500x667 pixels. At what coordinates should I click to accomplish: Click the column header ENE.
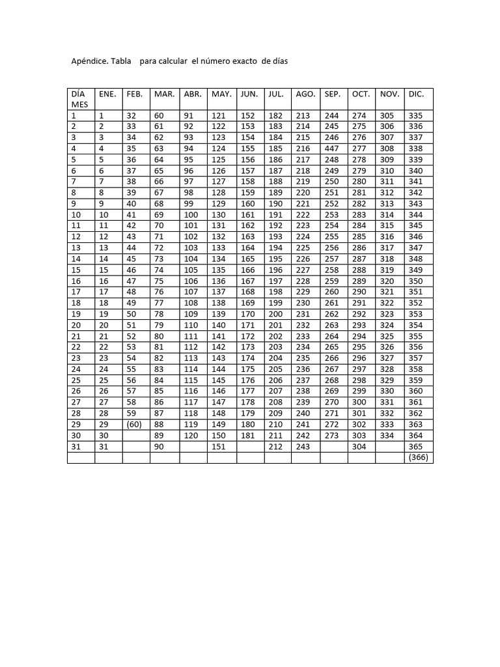pyautogui.click(x=107, y=94)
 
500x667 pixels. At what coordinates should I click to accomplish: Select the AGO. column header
pyautogui.click(x=305, y=94)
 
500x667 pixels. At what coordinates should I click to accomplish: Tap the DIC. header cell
pyautogui.click(x=416, y=94)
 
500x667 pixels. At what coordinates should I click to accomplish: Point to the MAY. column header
pyautogui.click(x=221, y=94)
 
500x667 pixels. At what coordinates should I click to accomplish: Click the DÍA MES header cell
pyautogui.click(x=79, y=99)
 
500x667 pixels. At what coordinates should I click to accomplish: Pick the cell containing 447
pyautogui.click(x=332, y=149)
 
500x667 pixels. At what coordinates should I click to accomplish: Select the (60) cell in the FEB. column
pyautogui.click(x=135, y=424)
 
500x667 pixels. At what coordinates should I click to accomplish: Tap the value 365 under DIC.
pyautogui.click(x=416, y=447)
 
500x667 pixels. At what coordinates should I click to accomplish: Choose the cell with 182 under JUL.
pyautogui.click(x=276, y=115)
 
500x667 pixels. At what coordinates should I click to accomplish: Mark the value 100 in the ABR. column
pyautogui.click(x=191, y=215)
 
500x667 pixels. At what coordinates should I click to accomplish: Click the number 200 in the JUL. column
pyautogui.click(x=276, y=314)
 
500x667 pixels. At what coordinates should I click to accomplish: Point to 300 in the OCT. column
pyautogui.click(x=359, y=403)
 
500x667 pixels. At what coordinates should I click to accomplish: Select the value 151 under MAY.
pyautogui.click(x=219, y=447)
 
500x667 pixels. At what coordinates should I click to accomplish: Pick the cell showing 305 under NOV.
pyautogui.click(x=387, y=115)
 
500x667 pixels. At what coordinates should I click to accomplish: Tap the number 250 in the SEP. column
pyautogui.click(x=332, y=182)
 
